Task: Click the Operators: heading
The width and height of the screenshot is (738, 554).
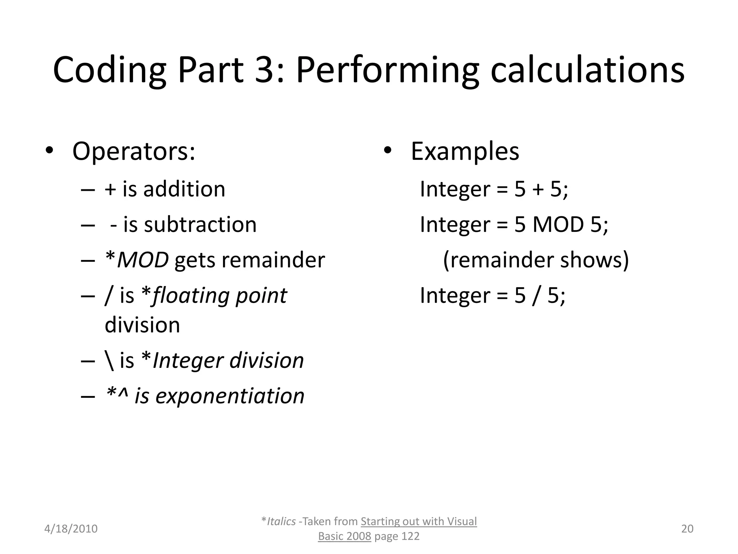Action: coord(134,151)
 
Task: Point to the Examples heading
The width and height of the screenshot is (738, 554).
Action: coord(465,151)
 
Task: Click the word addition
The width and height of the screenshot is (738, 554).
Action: coord(184,189)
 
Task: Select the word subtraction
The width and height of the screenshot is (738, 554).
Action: coord(200,224)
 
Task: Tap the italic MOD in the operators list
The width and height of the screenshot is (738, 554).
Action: coord(143,260)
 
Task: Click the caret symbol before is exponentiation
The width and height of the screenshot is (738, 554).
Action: coord(123,393)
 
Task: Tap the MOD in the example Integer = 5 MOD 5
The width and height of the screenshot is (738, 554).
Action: coord(558,224)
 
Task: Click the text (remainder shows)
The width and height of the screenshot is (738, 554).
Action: coord(536,260)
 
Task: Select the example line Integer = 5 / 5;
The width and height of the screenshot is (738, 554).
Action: coord(493,295)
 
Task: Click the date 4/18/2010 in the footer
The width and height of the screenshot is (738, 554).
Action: coord(71,529)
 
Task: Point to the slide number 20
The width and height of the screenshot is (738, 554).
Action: coord(687,529)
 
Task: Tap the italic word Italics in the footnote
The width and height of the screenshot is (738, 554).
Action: coord(281,522)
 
